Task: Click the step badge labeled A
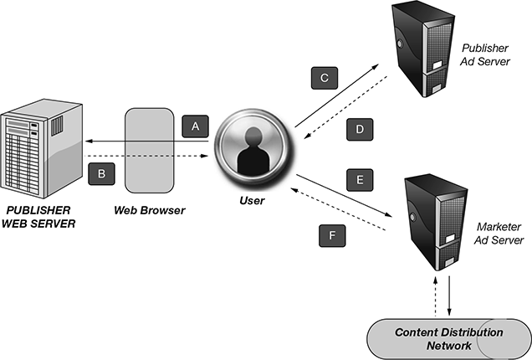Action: (196, 126)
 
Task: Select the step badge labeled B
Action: (100, 174)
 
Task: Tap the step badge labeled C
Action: (324, 79)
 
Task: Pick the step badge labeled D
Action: (358, 131)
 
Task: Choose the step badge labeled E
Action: (359, 179)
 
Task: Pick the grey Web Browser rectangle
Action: (151, 150)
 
